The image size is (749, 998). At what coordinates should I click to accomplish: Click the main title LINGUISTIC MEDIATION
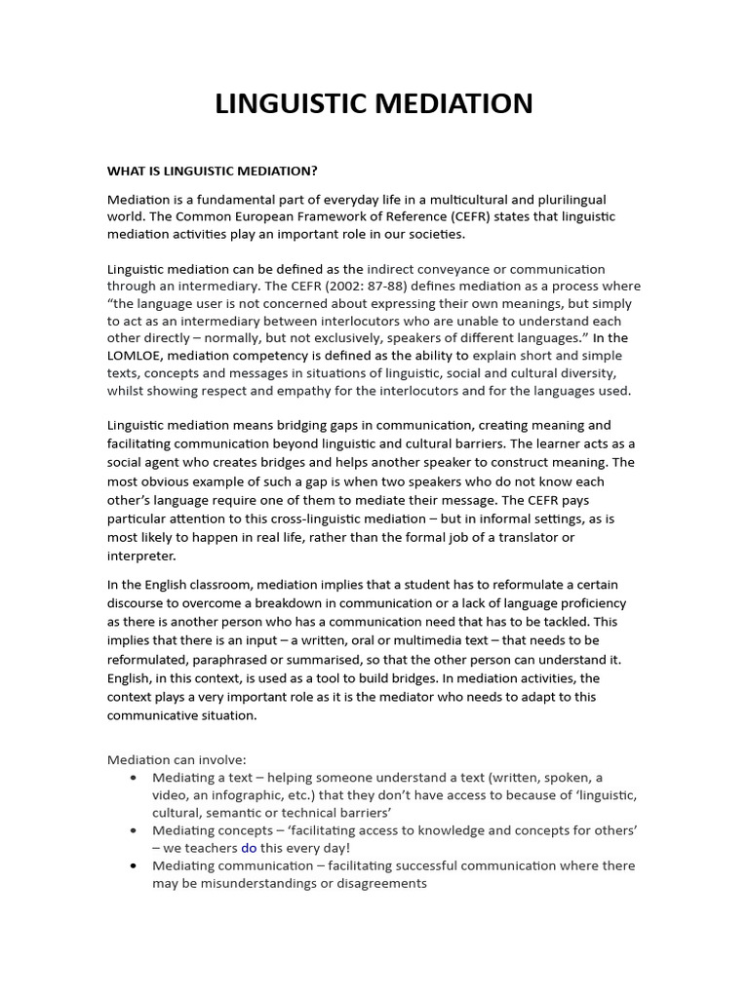click(x=374, y=103)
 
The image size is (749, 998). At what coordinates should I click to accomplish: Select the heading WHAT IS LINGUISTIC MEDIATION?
click(x=212, y=171)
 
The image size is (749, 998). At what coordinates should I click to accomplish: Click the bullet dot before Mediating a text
click(x=133, y=778)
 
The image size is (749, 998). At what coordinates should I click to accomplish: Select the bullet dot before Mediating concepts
click(x=133, y=830)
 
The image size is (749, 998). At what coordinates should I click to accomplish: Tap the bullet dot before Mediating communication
click(x=133, y=865)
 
